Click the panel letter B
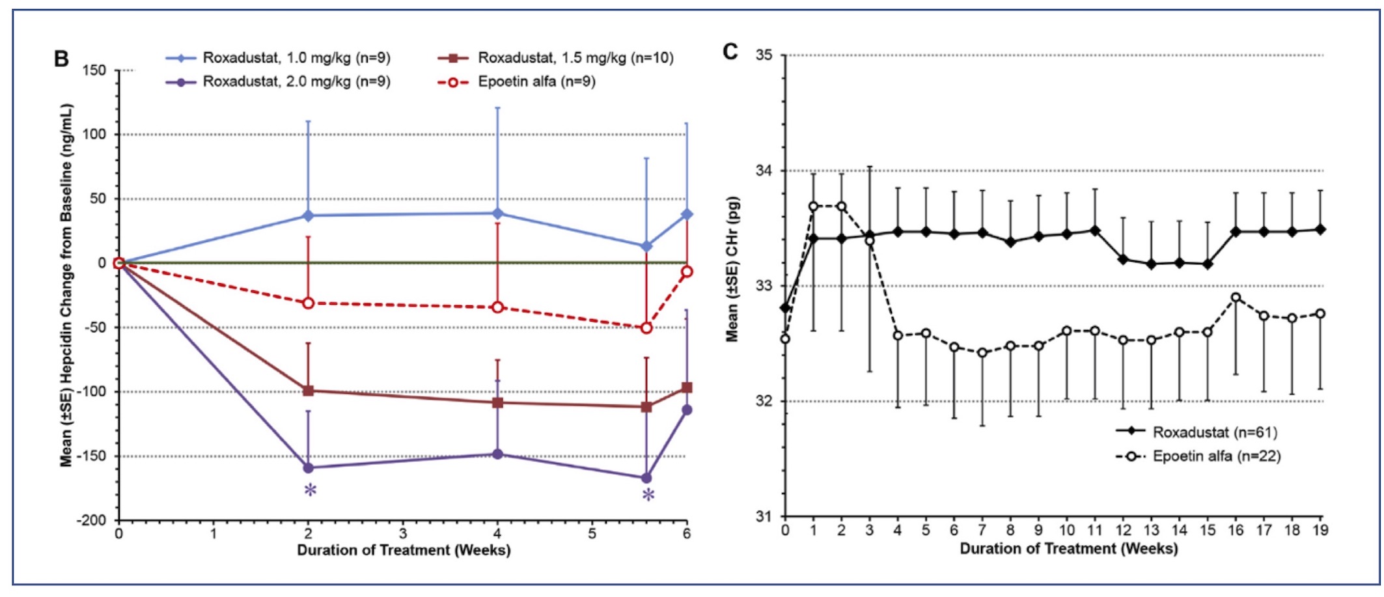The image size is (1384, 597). (61, 59)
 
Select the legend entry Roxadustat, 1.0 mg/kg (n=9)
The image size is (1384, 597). (296, 58)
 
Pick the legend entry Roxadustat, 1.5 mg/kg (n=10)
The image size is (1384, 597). (575, 58)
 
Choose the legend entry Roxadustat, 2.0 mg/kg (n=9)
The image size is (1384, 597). (296, 82)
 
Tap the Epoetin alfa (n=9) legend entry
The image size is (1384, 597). (536, 82)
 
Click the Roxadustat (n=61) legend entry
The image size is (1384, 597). (1215, 432)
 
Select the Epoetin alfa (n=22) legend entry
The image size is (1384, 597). (1216, 456)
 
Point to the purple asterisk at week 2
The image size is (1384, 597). (311, 490)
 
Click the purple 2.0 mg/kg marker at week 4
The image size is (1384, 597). (498, 454)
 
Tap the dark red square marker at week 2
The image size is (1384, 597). (309, 391)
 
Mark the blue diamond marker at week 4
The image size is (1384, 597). (498, 213)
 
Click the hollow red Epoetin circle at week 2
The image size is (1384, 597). (309, 303)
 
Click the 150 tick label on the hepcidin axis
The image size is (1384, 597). (95, 70)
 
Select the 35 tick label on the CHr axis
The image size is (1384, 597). (764, 55)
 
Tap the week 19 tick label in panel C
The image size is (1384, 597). (1320, 531)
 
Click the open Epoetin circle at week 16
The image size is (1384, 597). (1236, 298)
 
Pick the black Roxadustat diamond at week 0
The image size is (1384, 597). (785, 307)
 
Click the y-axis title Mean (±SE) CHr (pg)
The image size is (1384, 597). (733, 268)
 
